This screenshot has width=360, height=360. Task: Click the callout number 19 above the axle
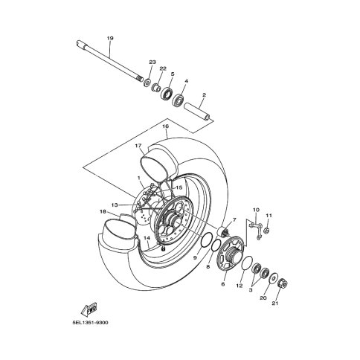[110, 39]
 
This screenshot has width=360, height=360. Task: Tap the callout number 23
[152, 62]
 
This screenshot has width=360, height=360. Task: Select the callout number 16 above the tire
[166, 126]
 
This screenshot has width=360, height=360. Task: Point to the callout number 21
[275, 303]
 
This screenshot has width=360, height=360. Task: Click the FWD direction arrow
[89, 309]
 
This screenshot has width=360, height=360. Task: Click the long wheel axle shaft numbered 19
[109, 61]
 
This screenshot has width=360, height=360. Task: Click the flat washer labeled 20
[274, 277]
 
